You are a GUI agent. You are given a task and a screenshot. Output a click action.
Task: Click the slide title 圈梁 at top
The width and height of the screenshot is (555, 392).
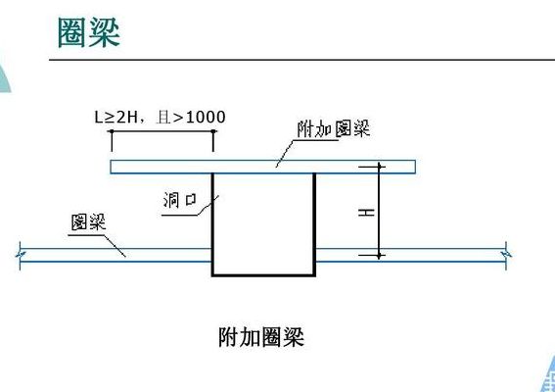click(89, 33)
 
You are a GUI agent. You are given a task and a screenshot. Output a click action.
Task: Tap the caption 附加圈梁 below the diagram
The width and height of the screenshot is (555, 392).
click(261, 337)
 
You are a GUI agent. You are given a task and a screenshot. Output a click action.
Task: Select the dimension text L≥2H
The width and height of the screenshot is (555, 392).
click(116, 118)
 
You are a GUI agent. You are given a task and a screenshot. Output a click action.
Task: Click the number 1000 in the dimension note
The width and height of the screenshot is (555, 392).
click(206, 118)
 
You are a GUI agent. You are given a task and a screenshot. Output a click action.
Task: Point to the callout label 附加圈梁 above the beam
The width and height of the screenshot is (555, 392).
click(333, 128)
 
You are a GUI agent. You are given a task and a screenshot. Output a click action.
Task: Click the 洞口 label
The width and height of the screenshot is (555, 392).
click(180, 200)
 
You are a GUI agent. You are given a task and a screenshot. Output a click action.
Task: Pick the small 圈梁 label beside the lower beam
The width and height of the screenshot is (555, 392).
click(88, 222)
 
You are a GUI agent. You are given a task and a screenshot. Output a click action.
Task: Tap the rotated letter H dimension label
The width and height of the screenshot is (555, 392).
click(366, 213)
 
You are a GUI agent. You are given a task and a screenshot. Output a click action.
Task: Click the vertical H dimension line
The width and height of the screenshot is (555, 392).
click(379, 212)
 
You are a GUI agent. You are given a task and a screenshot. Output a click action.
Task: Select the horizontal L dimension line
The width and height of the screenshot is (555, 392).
click(162, 131)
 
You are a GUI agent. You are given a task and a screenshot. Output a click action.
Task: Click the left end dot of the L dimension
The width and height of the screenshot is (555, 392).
click(112, 131)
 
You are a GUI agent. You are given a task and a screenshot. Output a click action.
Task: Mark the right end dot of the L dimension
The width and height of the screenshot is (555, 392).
click(213, 131)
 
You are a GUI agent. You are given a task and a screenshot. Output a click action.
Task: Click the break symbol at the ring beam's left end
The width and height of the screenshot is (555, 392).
click(21, 255)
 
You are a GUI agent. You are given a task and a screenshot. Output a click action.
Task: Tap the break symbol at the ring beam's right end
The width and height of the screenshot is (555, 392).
click(506, 255)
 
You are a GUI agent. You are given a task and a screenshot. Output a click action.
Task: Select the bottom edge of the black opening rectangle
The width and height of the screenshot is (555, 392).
click(263, 274)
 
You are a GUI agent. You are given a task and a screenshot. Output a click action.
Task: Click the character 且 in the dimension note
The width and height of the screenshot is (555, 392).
click(163, 118)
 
